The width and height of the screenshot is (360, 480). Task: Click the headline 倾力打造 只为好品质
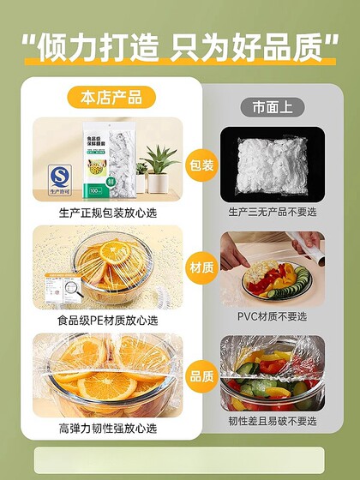click(x=179, y=46)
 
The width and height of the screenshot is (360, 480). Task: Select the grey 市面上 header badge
click(x=271, y=106)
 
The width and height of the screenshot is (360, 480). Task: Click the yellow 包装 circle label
click(x=202, y=164)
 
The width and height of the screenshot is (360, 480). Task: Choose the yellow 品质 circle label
click(x=202, y=374)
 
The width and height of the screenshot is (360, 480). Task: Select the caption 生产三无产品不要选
click(x=272, y=211)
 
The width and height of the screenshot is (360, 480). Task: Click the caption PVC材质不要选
click(x=272, y=315)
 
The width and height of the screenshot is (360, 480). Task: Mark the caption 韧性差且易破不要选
click(x=272, y=421)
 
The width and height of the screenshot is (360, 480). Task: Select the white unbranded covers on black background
click(x=271, y=163)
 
